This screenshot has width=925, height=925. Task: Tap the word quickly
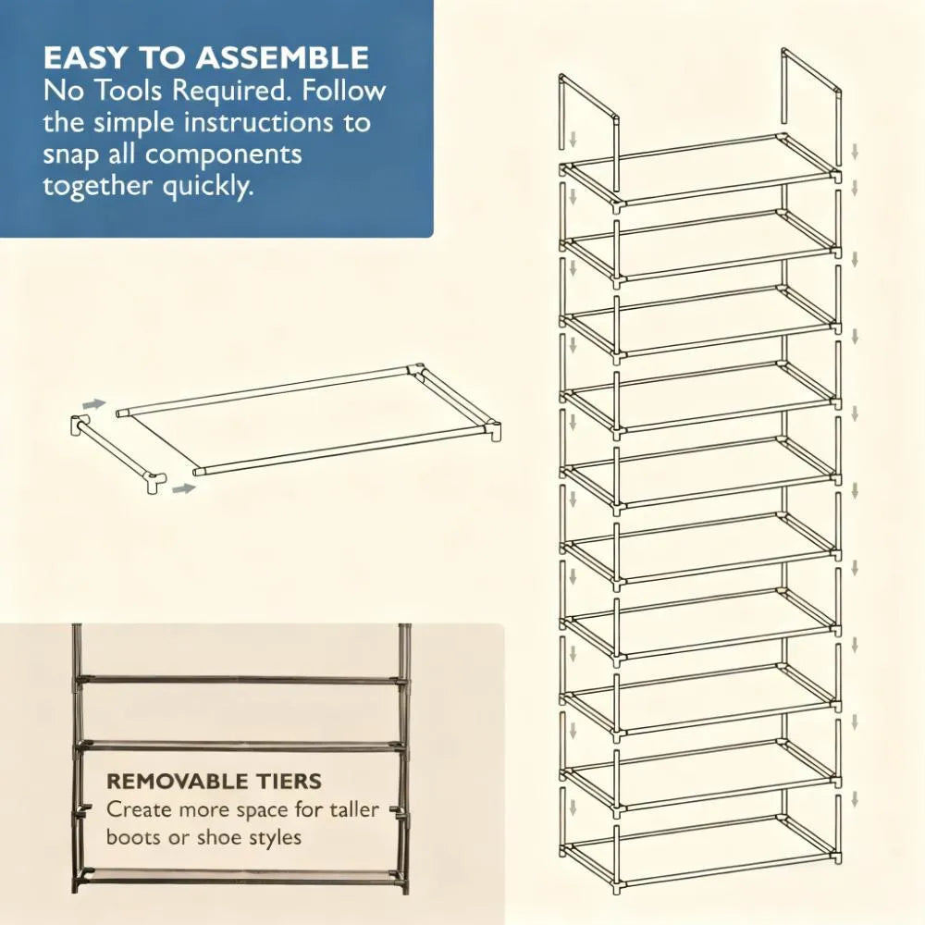(x=206, y=185)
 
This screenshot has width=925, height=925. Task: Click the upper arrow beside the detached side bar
(x=93, y=404)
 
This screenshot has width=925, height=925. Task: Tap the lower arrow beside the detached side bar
(x=184, y=487)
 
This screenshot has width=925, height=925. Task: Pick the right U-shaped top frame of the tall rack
(x=811, y=83)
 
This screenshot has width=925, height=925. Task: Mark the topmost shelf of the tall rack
(x=701, y=167)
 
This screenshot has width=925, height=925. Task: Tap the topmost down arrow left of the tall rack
(x=573, y=140)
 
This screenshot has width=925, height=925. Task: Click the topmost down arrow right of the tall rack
(x=855, y=151)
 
